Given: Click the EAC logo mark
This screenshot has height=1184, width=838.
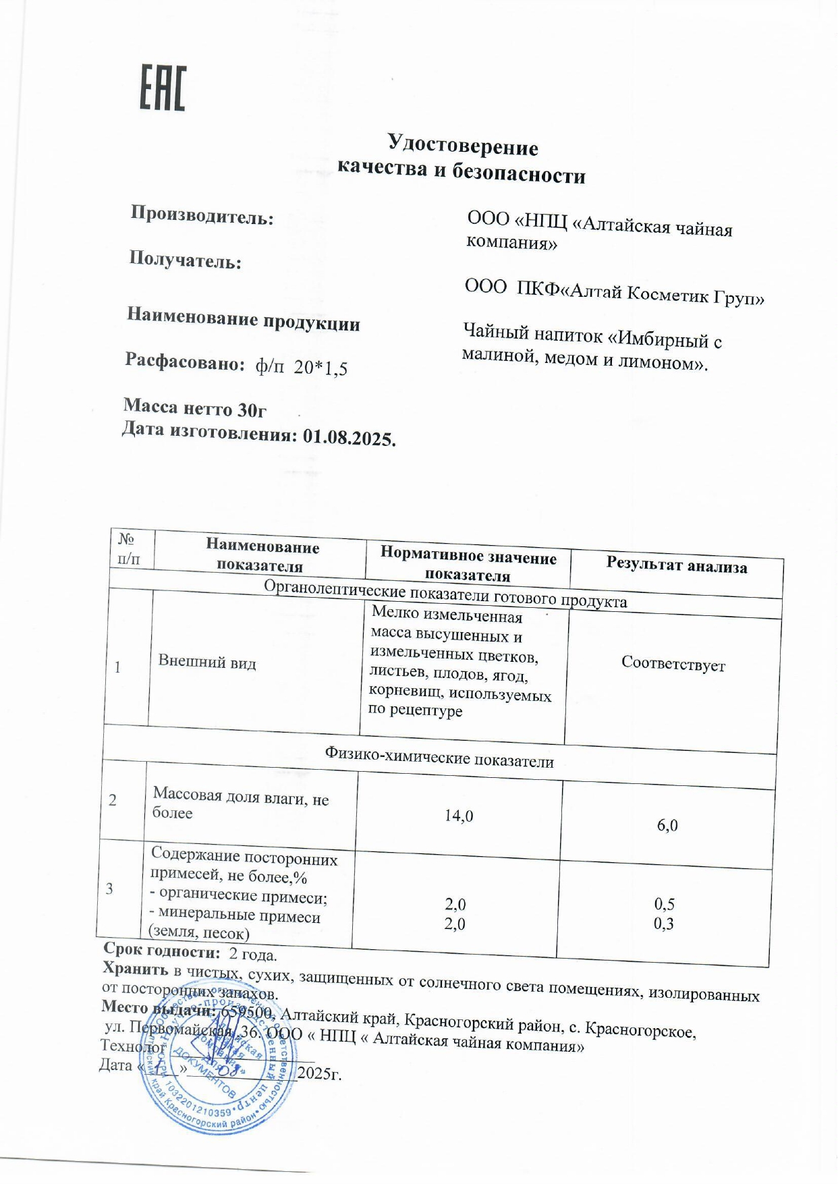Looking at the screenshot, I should pos(162,88).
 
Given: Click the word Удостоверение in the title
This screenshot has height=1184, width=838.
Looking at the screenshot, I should pos(462,145).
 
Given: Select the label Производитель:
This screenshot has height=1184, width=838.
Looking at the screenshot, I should pos(202,215).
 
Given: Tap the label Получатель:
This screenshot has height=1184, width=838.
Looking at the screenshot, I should pos(185,260).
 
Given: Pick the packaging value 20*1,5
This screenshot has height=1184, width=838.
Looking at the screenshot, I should pos(320,368).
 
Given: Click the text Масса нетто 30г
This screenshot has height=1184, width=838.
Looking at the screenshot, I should pos(195,407).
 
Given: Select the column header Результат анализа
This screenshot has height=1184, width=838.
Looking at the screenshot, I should pos(676,565).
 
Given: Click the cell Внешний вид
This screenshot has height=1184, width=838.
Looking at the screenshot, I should pos(207,662).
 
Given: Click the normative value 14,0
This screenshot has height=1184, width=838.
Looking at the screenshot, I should pos(458,816).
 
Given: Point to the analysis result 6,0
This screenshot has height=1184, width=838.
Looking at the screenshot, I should pos(667,825).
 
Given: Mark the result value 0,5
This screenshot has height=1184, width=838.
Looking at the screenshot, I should pos(664,904).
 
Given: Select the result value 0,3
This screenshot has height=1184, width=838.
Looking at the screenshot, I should pos(663,924).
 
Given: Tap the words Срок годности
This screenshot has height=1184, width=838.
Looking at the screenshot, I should pos(161,950).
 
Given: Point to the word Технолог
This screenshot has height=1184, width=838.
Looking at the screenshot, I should pos(132,1046).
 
